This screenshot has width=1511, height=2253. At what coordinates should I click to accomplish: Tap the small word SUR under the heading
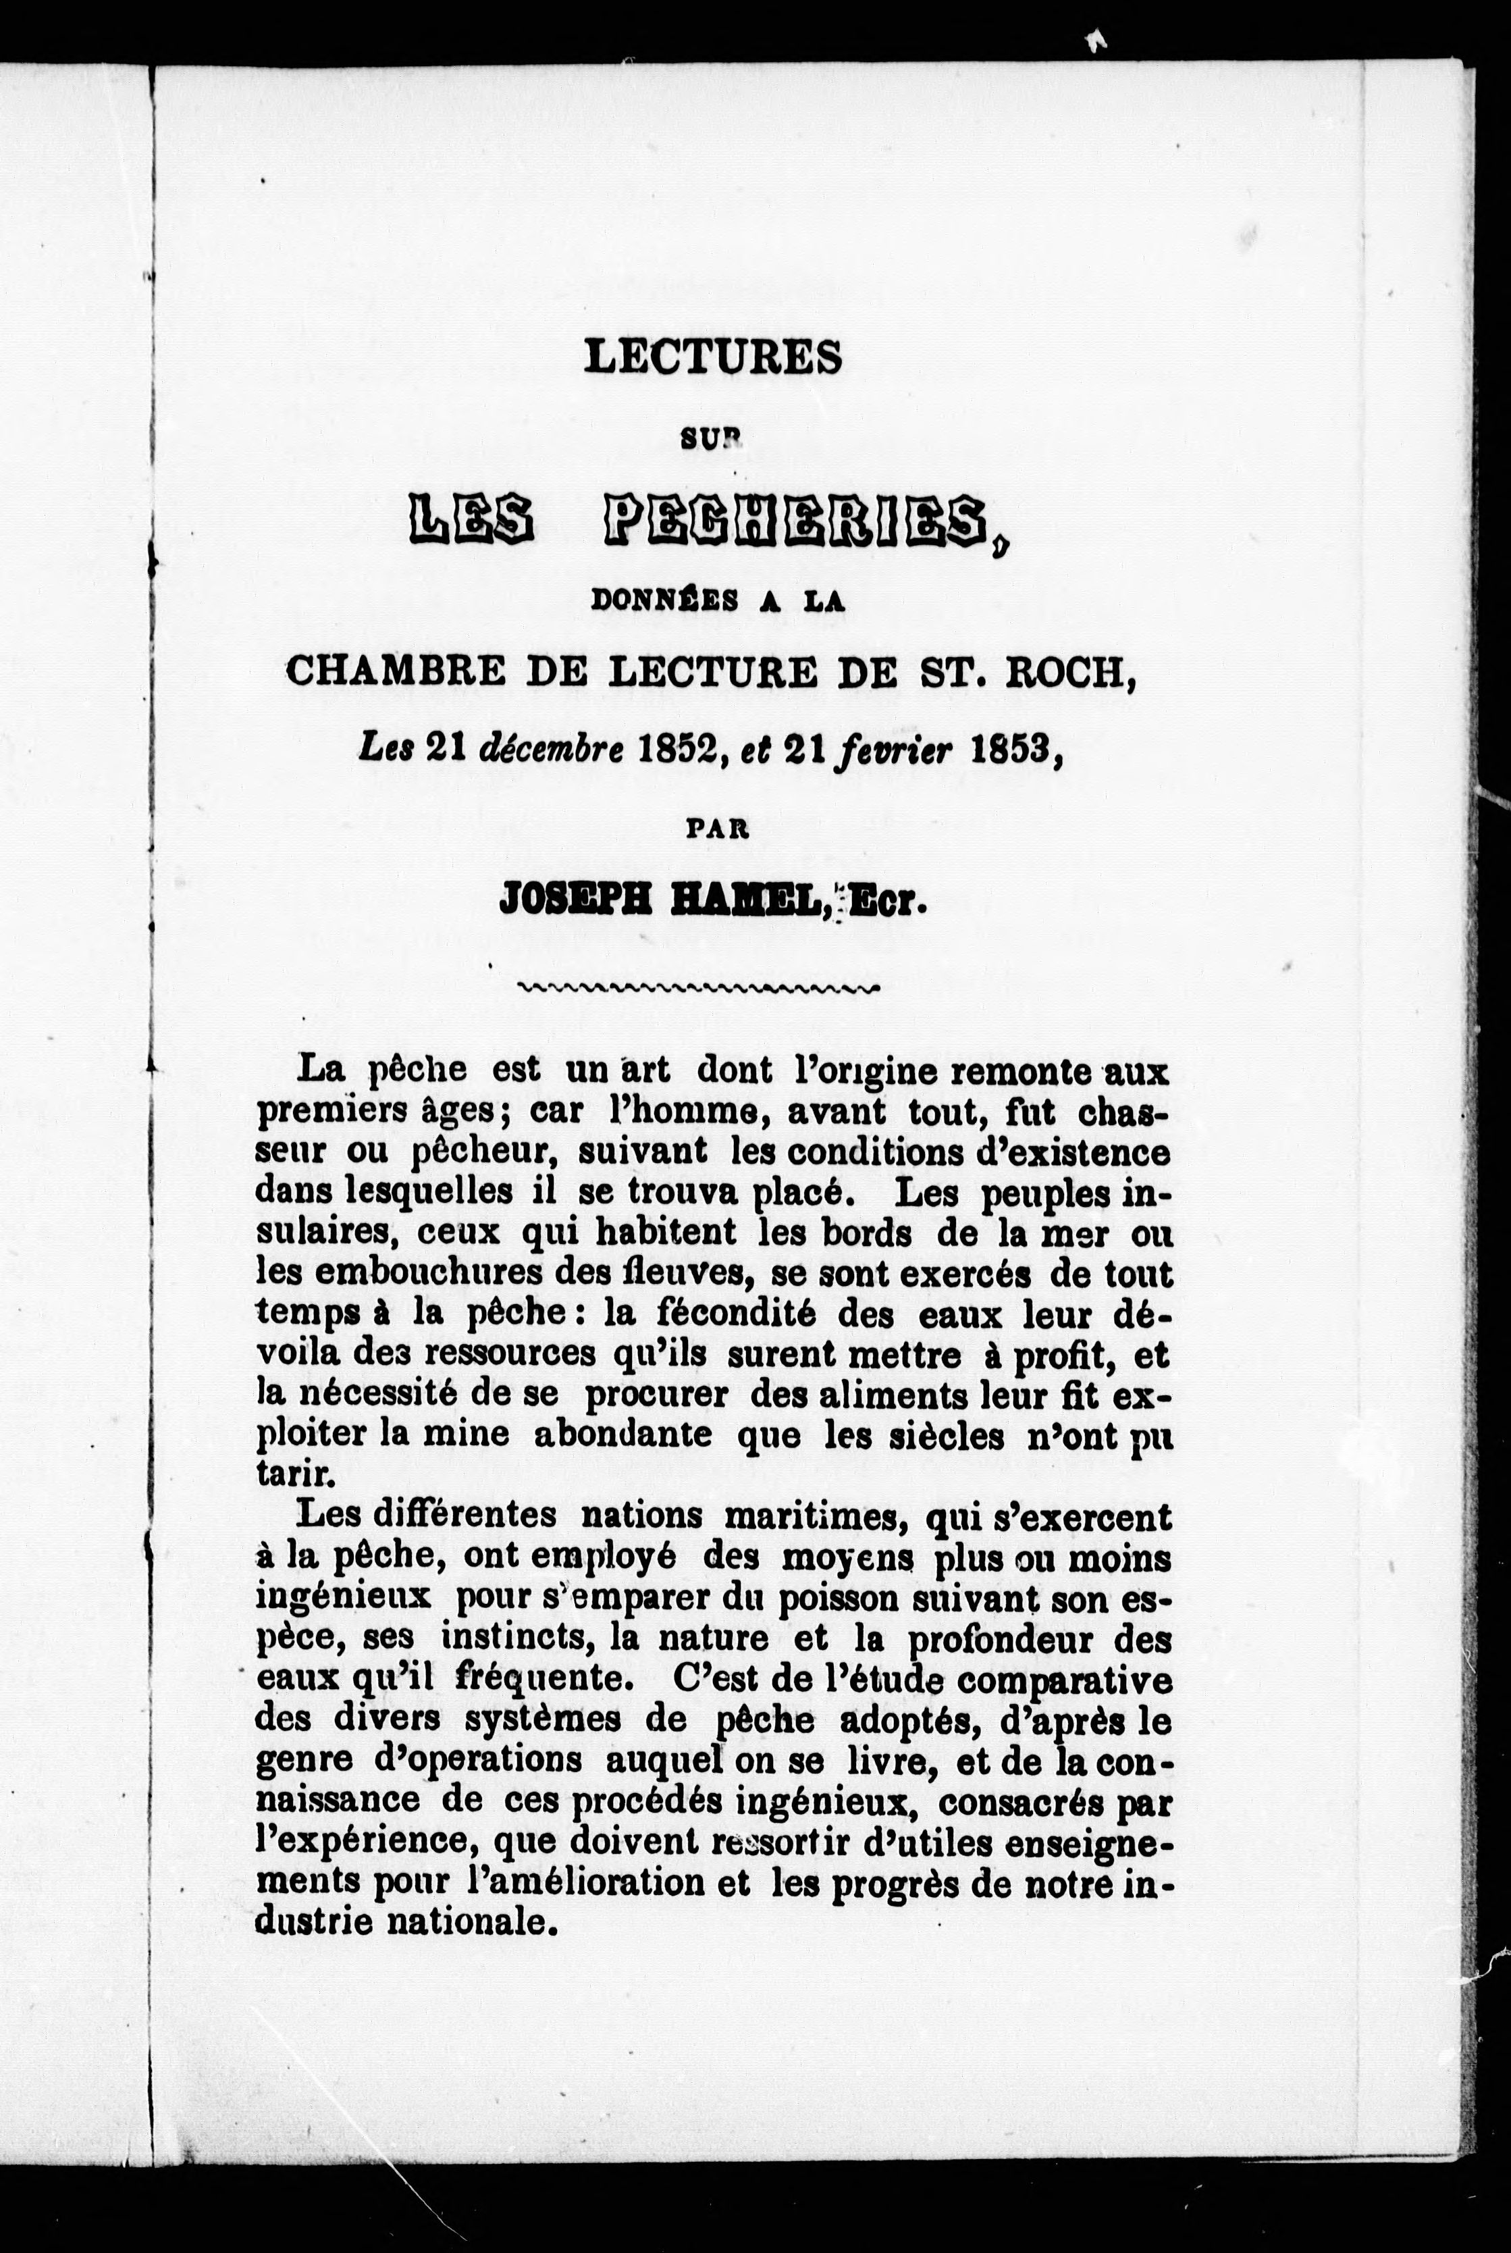click(x=713, y=440)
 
